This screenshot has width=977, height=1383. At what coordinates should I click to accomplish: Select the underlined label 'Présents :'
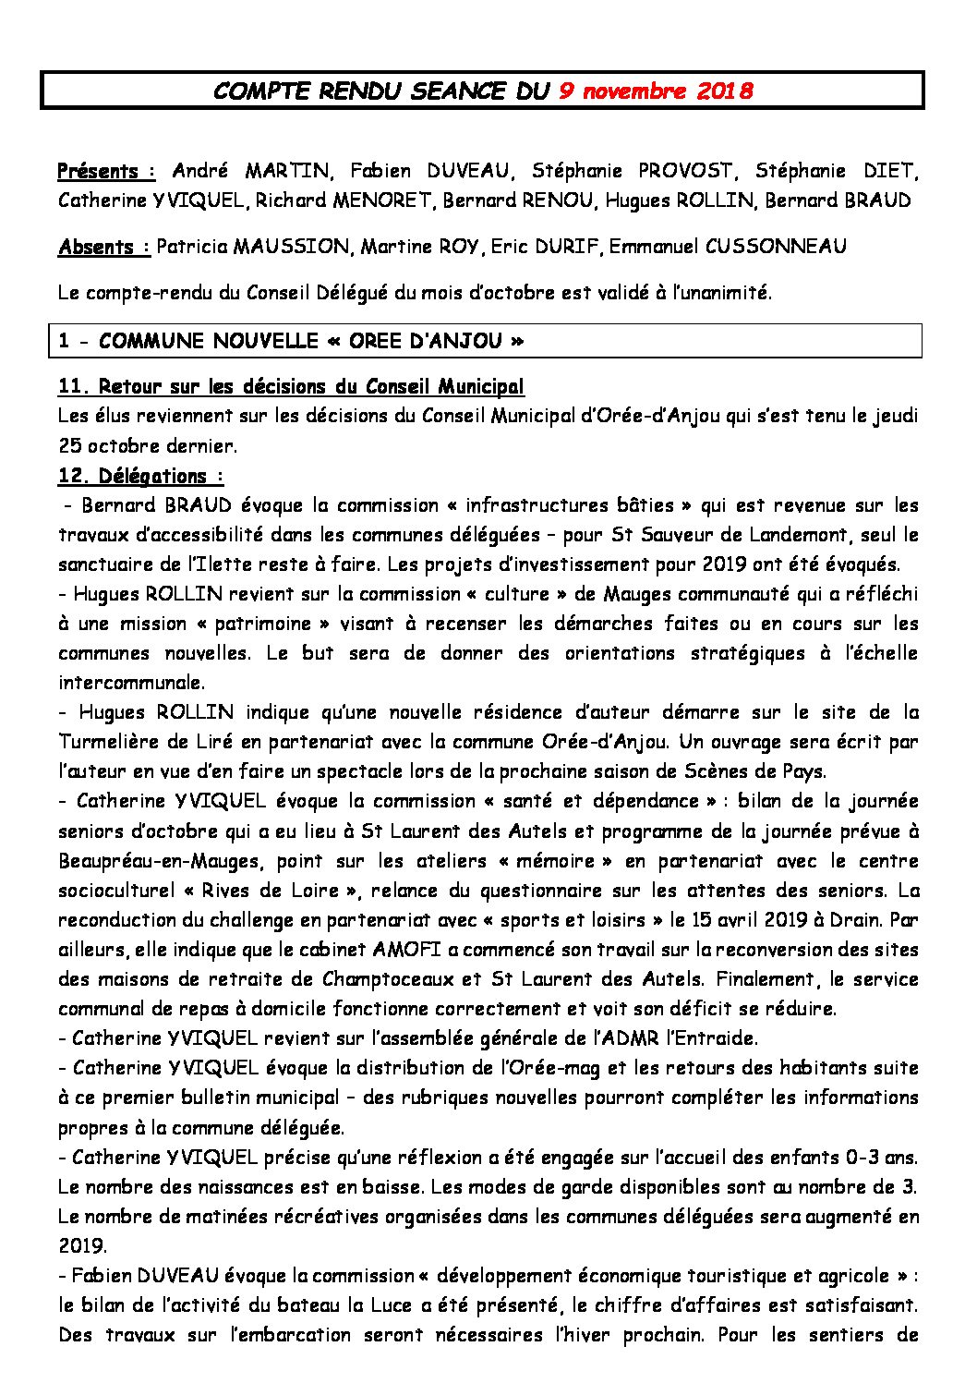[x=106, y=171]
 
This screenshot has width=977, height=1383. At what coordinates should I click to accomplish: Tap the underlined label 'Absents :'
[x=103, y=247]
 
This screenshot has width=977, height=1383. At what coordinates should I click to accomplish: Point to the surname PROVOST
[x=685, y=171]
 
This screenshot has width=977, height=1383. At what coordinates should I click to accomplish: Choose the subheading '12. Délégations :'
[x=140, y=476]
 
